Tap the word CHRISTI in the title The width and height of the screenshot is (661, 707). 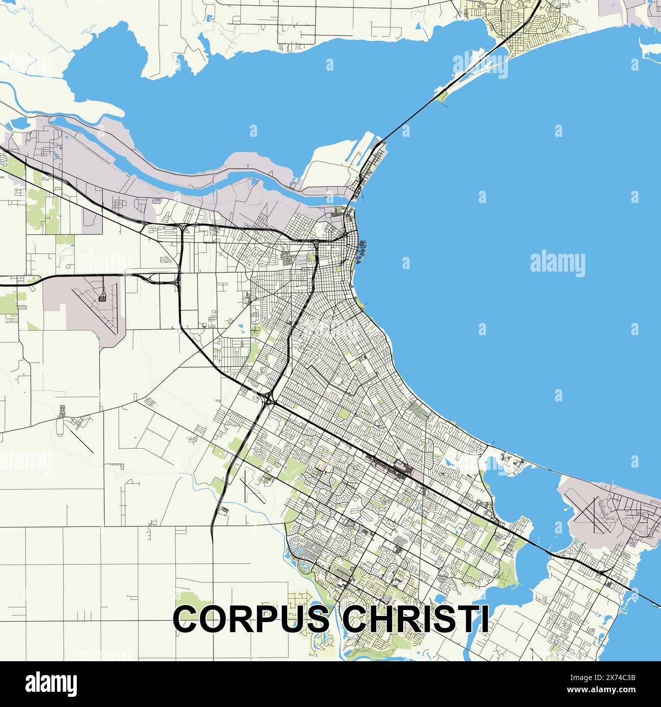point(414,618)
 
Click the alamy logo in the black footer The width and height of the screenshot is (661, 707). point(51,683)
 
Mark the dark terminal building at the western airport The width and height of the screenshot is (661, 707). point(102,298)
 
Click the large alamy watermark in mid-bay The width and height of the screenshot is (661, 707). point(557,264)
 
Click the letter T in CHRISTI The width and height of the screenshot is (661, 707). point(465,618)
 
